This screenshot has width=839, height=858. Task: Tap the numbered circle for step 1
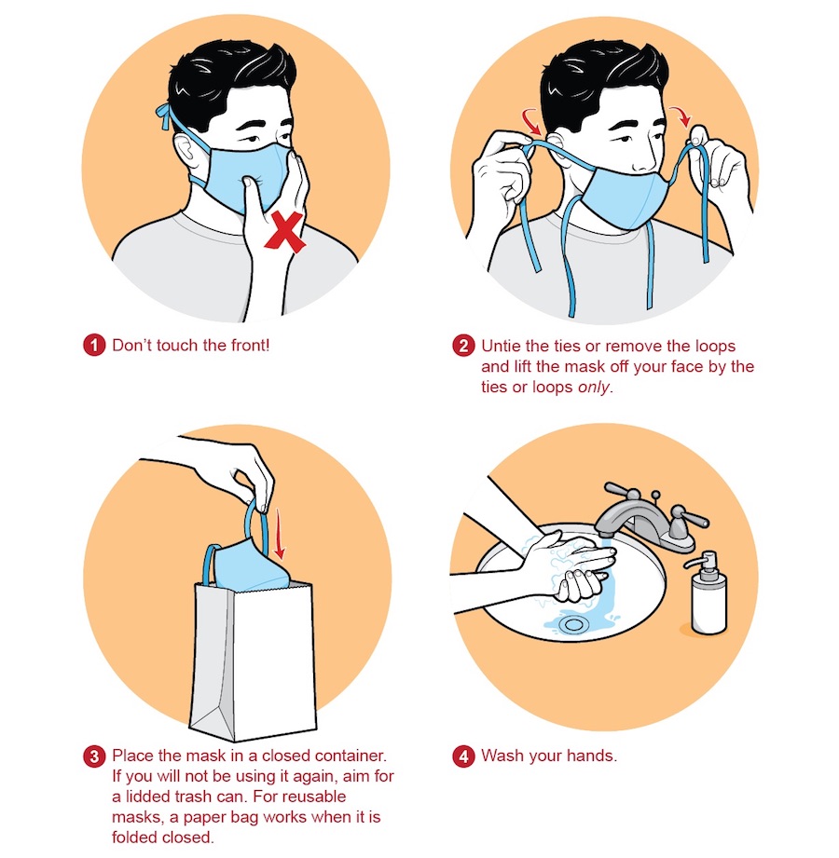tap(94, 346)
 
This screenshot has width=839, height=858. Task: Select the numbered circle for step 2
tap(463, 346)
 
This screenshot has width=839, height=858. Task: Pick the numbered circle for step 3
tap(94, 756)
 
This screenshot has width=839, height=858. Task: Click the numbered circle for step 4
tap(463, 756)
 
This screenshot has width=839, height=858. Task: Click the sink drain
tap(572, 624)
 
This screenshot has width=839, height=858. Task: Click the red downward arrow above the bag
tap(280, 534)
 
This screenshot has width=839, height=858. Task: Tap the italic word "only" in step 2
tap(594, 388)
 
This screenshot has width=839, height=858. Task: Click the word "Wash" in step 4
tap(503, 756)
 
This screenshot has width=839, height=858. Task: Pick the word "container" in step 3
tap(350, 756)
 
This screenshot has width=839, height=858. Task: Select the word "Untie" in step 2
tap(501, 346)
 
